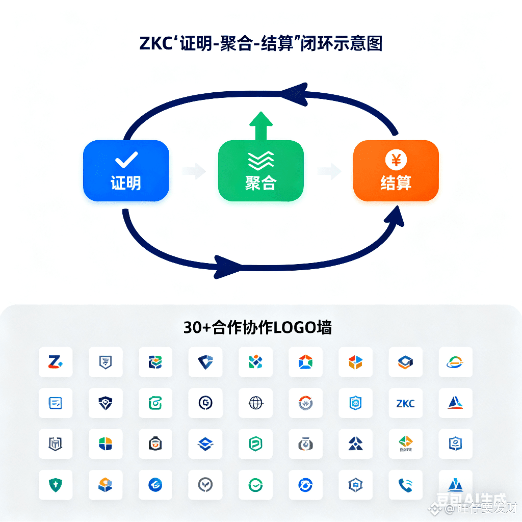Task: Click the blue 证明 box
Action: point(126,170)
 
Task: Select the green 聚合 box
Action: point(260,171)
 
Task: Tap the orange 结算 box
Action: point(396,170)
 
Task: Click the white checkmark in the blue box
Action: point(126,160)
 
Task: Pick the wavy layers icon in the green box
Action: point(260,161)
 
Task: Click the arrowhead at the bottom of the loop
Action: point(227,266)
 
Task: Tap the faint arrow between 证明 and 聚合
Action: point(193,171)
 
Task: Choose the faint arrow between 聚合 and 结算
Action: point(329,171)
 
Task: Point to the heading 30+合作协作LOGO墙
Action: point(257,327)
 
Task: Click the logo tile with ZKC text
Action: point(405,404)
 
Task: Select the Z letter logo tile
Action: point(55,362)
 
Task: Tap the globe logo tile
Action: point(255,404)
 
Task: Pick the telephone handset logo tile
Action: point(405,485)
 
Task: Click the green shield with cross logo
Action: point(55,485)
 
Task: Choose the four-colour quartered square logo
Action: point(105,444)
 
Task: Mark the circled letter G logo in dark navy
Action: point(205,404)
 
